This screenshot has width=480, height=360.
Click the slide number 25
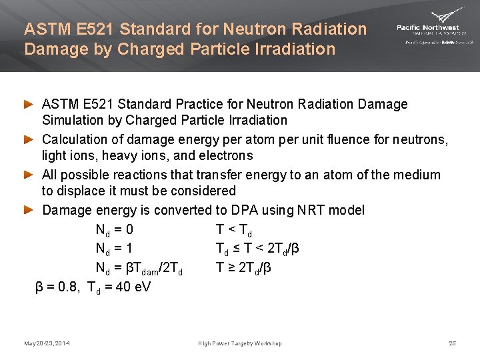click(452, 343)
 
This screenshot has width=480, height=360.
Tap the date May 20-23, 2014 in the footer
click(47, 343)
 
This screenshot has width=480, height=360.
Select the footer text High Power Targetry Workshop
click(240, 343)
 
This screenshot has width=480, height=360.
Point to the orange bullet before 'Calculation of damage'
click(29, 140)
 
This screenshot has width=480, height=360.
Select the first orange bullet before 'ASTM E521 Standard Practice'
click(29, 105)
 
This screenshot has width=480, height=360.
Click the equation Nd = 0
click(114, 231)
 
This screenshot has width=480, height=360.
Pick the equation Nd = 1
click(114, 249)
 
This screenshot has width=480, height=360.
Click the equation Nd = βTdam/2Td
click(139, 269)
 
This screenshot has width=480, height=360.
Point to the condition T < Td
click(233, 231)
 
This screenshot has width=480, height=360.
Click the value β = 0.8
click(57, 287)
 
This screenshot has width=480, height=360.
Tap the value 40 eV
click(133, 287)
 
